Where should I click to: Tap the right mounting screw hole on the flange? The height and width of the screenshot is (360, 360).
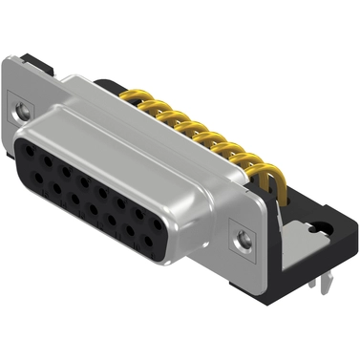(x=247, y=233)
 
